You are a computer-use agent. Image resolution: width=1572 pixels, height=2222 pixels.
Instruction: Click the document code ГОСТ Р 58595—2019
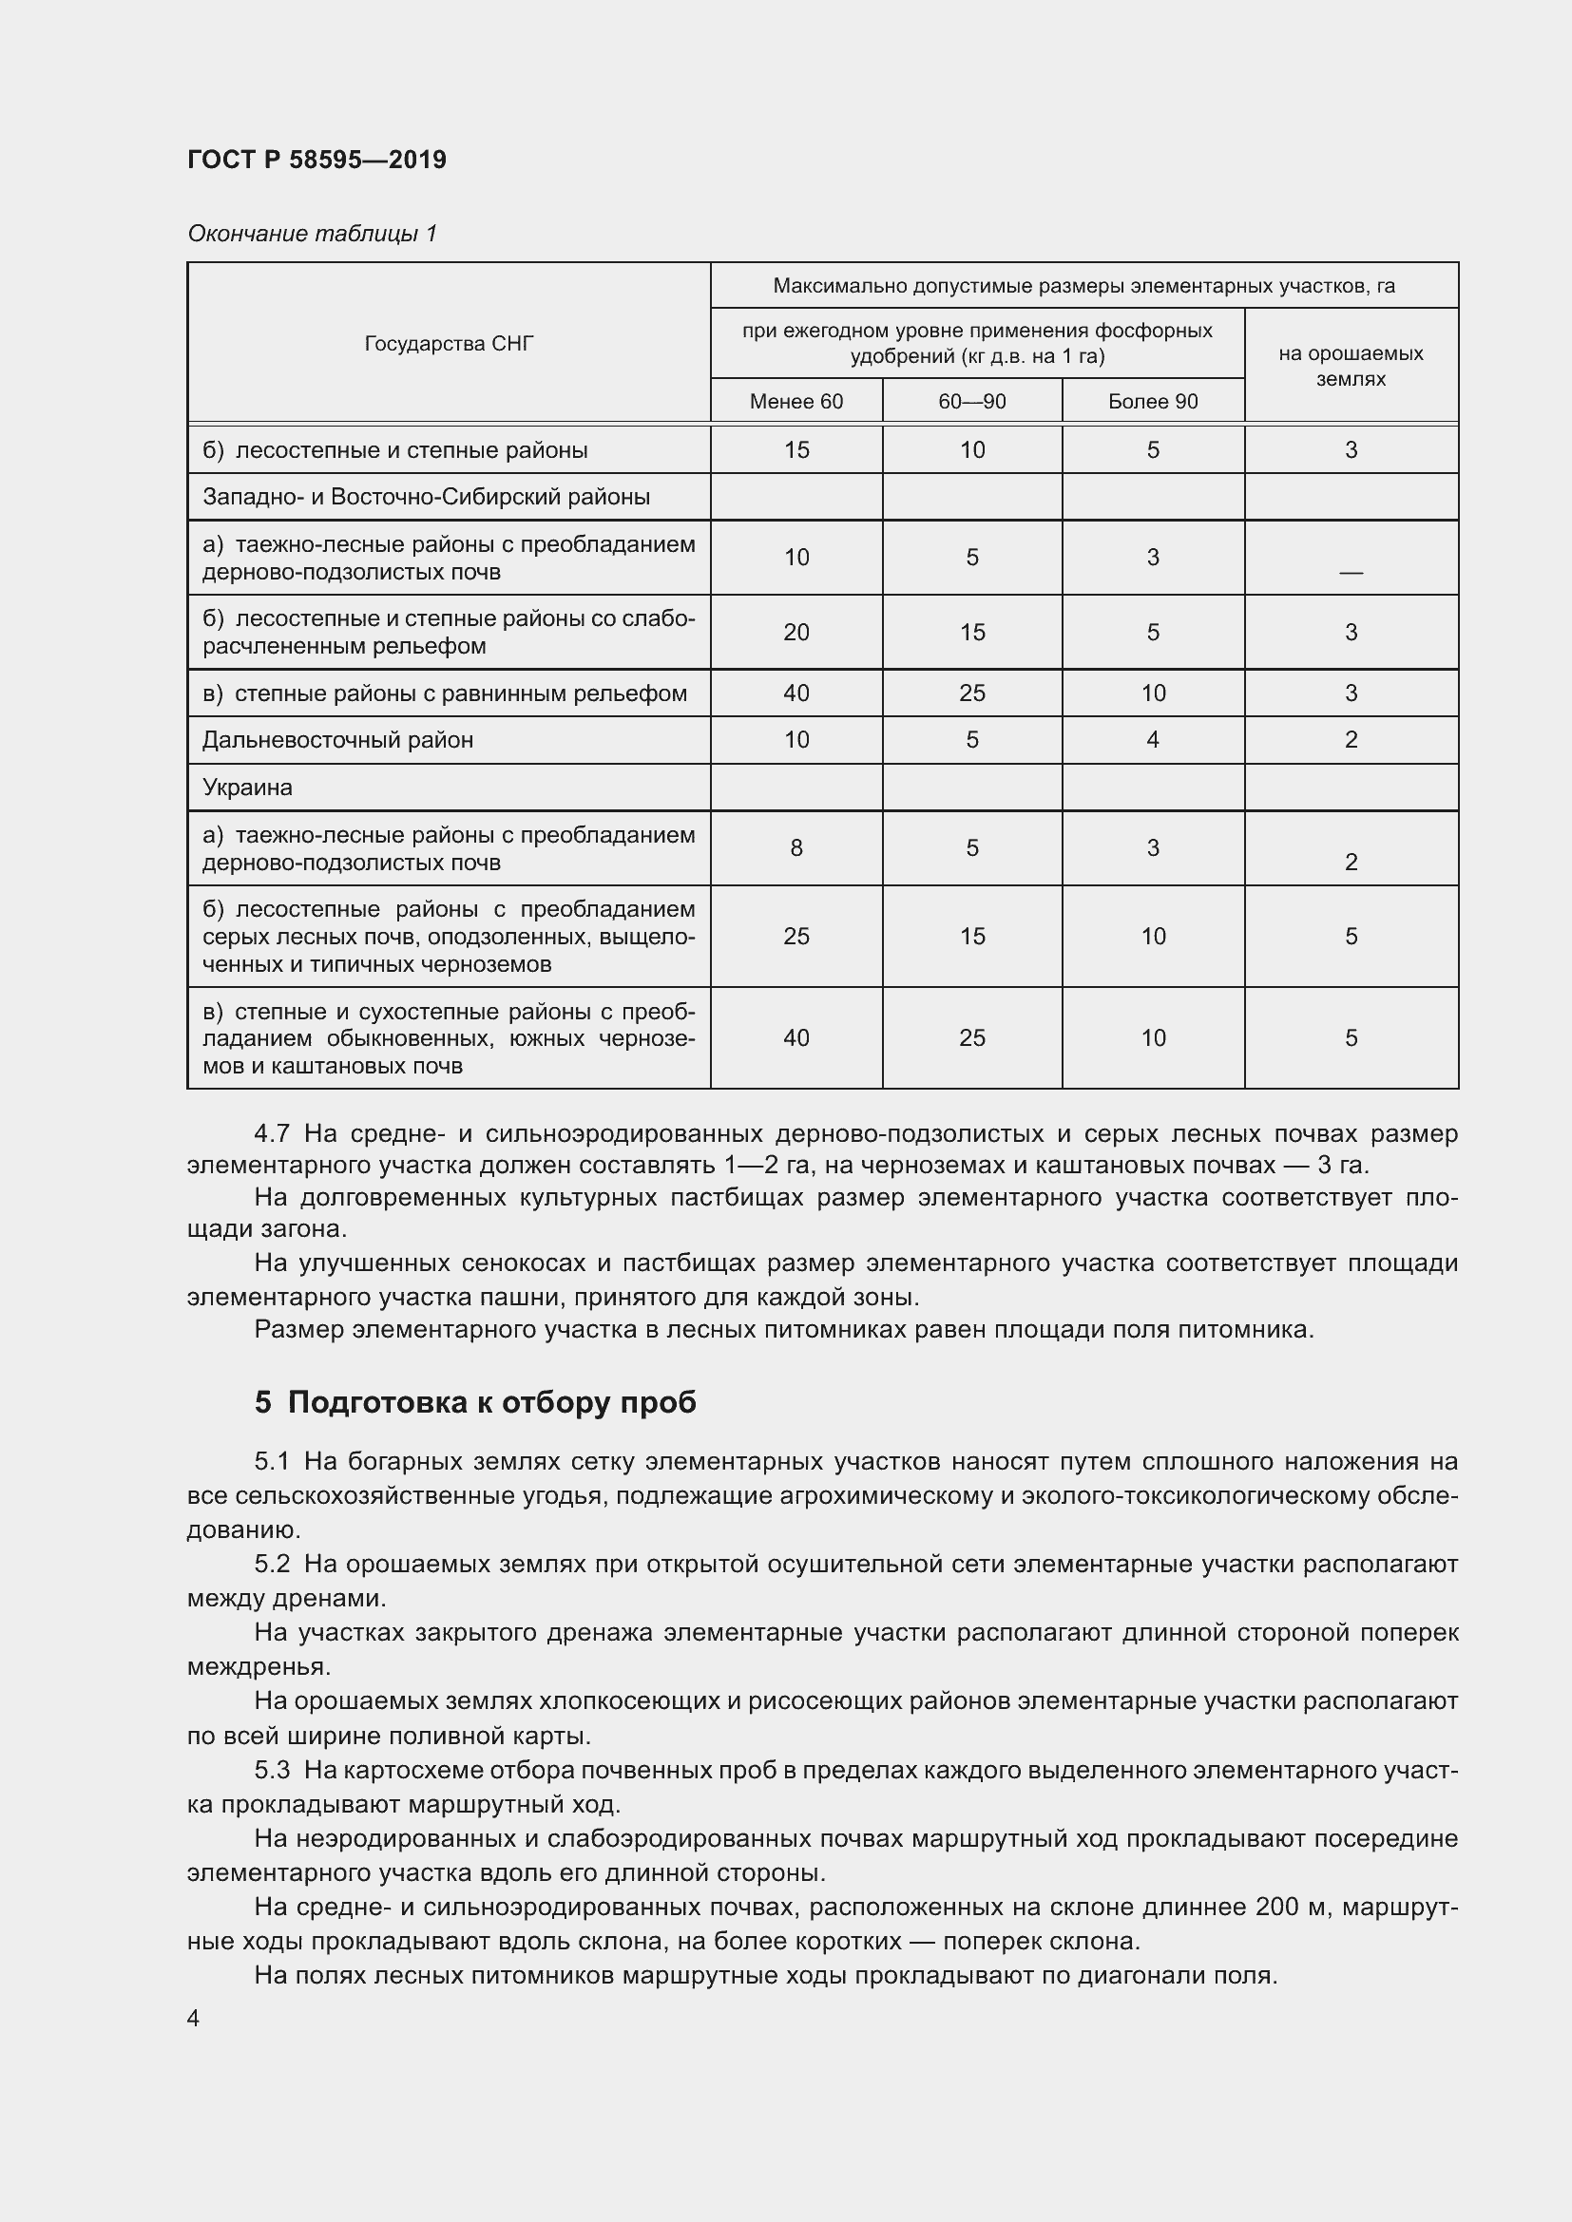[x=316, y=160]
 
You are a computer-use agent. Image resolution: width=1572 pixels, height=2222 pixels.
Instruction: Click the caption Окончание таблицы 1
[x=312, y=234]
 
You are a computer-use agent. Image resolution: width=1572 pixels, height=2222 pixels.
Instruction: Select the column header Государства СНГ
[x=449, y=344]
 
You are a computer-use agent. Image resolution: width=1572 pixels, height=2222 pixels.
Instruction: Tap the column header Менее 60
[x=796, y=402]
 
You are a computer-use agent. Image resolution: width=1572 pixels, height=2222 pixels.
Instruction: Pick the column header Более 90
[x=1152, y=402]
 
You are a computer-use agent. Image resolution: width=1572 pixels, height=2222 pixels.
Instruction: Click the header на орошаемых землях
[x=1351, y=366]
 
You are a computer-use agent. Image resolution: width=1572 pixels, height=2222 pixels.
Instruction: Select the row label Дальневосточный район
[x=337, y=740]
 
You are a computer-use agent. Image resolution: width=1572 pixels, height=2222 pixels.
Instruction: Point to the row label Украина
[x=247, y=788]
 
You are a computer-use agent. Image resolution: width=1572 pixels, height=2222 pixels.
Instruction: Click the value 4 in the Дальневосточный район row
[x=1152, y=740]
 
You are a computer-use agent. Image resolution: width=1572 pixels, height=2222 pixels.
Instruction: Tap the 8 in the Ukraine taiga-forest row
[x=796, y=847]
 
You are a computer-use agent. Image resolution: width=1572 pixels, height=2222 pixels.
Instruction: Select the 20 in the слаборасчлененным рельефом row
[x=796, y=632]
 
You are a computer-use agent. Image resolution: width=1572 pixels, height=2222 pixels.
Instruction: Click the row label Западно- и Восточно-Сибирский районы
[x=426, y=498]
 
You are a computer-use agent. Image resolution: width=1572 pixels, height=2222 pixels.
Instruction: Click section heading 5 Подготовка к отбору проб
[x=475, y=1402]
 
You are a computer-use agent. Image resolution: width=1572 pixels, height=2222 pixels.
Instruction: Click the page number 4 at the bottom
[x=194, y=2019]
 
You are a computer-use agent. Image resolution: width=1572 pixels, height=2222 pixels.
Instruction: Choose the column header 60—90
[x=972, y=402]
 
